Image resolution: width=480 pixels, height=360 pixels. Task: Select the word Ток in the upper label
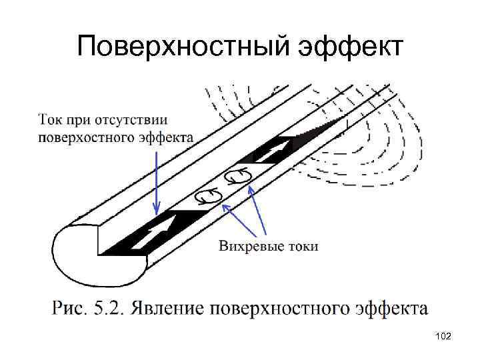tap(50, 121)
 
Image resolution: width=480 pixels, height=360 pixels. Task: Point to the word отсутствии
tap(133, 121)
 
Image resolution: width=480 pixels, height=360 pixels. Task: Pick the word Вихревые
tap(246, 246)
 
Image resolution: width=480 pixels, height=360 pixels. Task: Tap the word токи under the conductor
tap(300, 246)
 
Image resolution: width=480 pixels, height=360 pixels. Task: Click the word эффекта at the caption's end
tap(389, 309)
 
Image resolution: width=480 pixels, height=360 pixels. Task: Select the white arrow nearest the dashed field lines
tap(273, 151)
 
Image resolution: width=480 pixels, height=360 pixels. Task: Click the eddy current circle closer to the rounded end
tap(207, 196)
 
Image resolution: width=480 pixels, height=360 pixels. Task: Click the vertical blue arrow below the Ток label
tap(155, 180)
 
